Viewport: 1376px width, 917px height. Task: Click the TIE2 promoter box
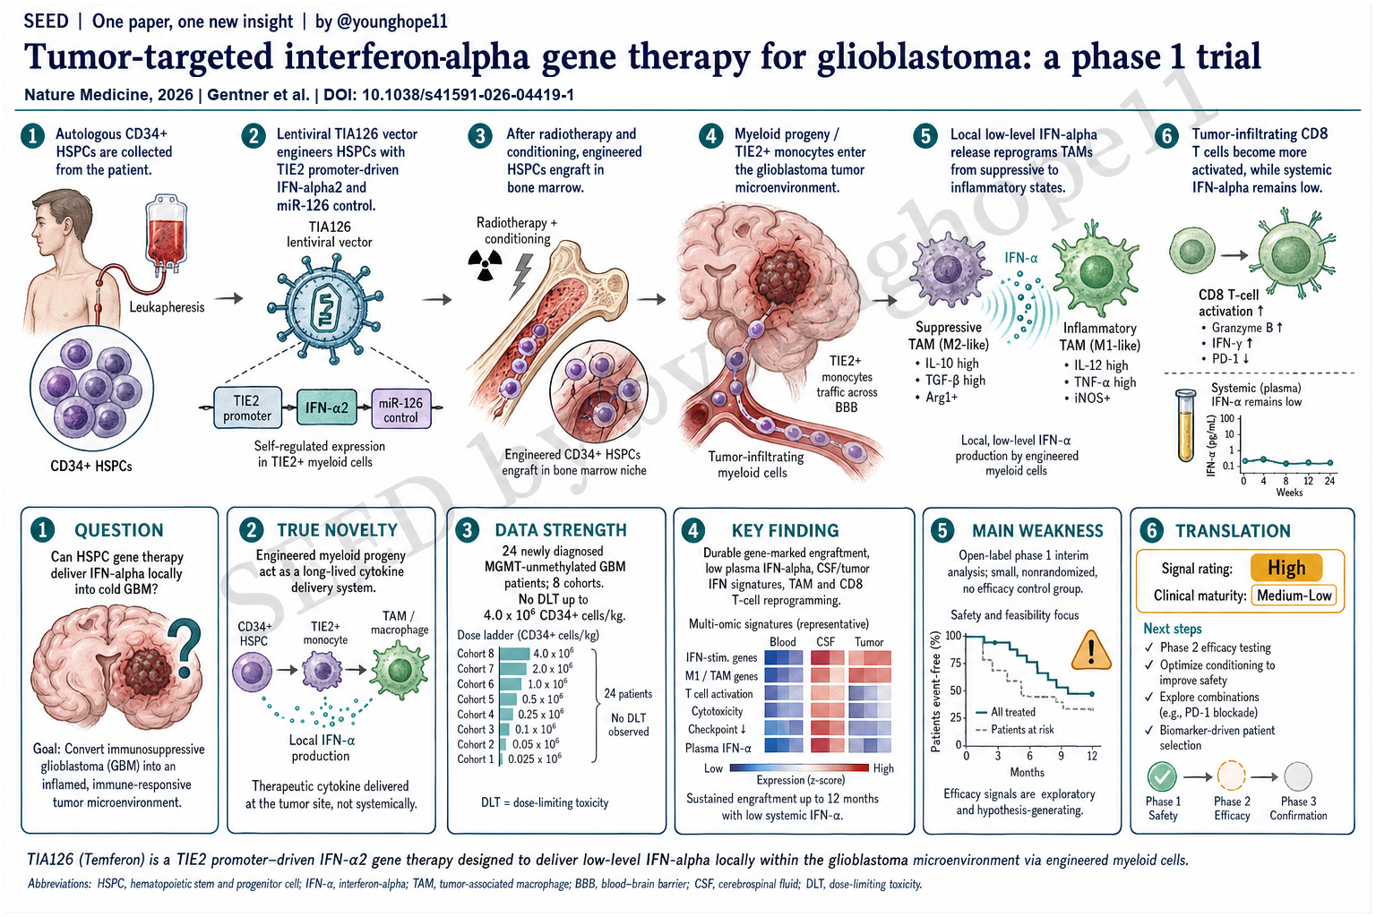[x=247, y=407]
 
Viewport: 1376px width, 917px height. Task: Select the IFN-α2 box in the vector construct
[x=327, y=407]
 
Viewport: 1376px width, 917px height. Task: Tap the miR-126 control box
[x=401, y=409]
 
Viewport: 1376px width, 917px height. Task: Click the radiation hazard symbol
[x=485, y=265]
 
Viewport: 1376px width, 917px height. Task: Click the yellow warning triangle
[x=1090, y=650]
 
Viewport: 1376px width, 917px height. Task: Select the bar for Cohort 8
[x=515, y=654]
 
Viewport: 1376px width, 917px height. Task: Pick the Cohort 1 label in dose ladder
[x=475, y=759]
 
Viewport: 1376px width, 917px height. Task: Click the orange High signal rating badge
[x=1286, y=568]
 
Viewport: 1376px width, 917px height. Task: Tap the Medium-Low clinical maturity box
[x=1294, y=596]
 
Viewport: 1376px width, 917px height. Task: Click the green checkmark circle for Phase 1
[x=1162, y=777]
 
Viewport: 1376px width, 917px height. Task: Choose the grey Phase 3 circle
[x=1297, y=777]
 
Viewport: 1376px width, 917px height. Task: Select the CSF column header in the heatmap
[x=825, y=642]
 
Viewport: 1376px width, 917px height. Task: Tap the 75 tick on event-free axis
[x=955, y=663]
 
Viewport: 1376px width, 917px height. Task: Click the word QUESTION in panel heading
[x=118, y=530]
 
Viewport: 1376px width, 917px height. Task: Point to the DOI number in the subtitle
[x=468, y=95]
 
